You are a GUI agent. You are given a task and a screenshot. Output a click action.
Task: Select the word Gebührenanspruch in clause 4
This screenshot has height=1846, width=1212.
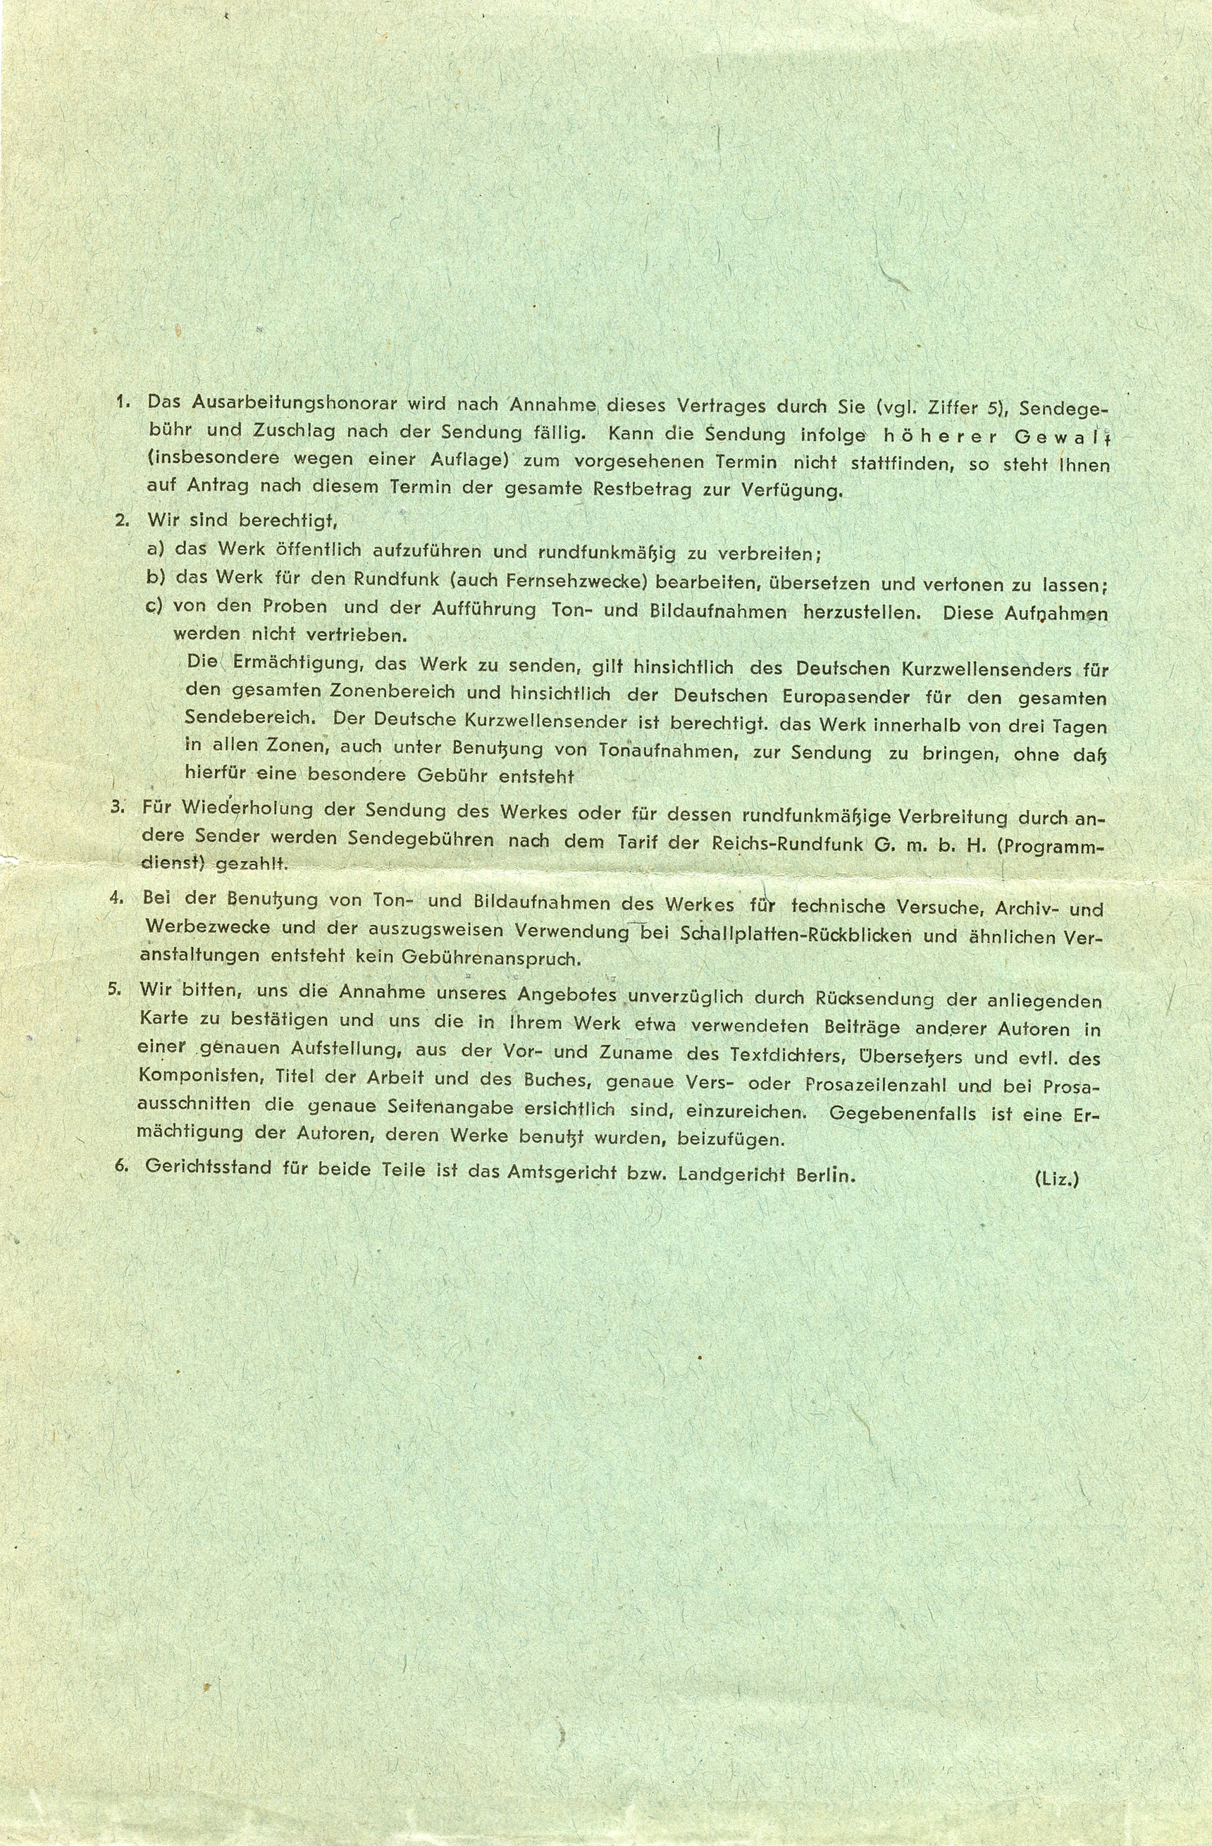click(x=490, y=958)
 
